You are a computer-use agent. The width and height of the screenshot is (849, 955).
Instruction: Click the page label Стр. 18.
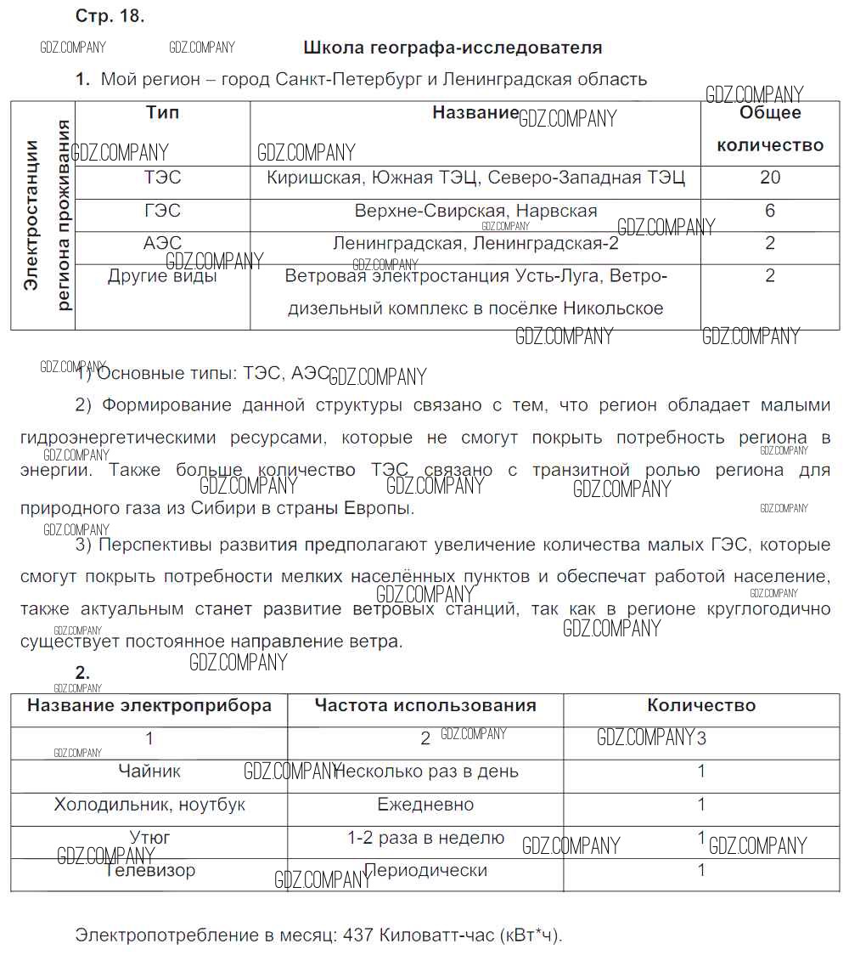(x=110, y=16)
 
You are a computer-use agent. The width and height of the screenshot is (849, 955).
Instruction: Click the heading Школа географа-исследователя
(x=453, y=48)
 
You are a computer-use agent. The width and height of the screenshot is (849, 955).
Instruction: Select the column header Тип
(x=162, y=113)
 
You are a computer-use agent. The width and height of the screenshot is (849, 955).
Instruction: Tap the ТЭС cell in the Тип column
(x=162, y=178)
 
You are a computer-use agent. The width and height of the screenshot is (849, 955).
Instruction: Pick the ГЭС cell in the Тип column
(x=162, y=211)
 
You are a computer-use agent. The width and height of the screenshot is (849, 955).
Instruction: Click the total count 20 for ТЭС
(x=770, y=178)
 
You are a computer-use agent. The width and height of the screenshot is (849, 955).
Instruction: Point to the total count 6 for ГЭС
(x=770, y=211)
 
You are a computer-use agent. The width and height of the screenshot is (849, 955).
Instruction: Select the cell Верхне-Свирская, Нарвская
(x=475, y=211)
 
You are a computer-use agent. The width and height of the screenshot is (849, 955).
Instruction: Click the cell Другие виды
(x=162, y=276)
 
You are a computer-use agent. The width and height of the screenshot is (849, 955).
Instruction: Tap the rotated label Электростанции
(x=31, y=216)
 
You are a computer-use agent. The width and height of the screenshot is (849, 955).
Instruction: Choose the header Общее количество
(x=770, y=128)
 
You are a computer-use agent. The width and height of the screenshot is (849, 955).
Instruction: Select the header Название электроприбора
(x=149, y=705)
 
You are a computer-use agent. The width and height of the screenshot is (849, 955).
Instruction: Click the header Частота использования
(x=425, y=705)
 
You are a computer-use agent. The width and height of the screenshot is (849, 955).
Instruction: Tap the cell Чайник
(x=149, y=771)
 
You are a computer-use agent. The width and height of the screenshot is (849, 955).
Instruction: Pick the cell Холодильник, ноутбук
(x=149, y=805)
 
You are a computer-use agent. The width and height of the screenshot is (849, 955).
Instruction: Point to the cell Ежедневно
(x=425, y=805)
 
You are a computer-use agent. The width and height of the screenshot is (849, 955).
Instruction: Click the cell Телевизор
(x=150, y=870)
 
